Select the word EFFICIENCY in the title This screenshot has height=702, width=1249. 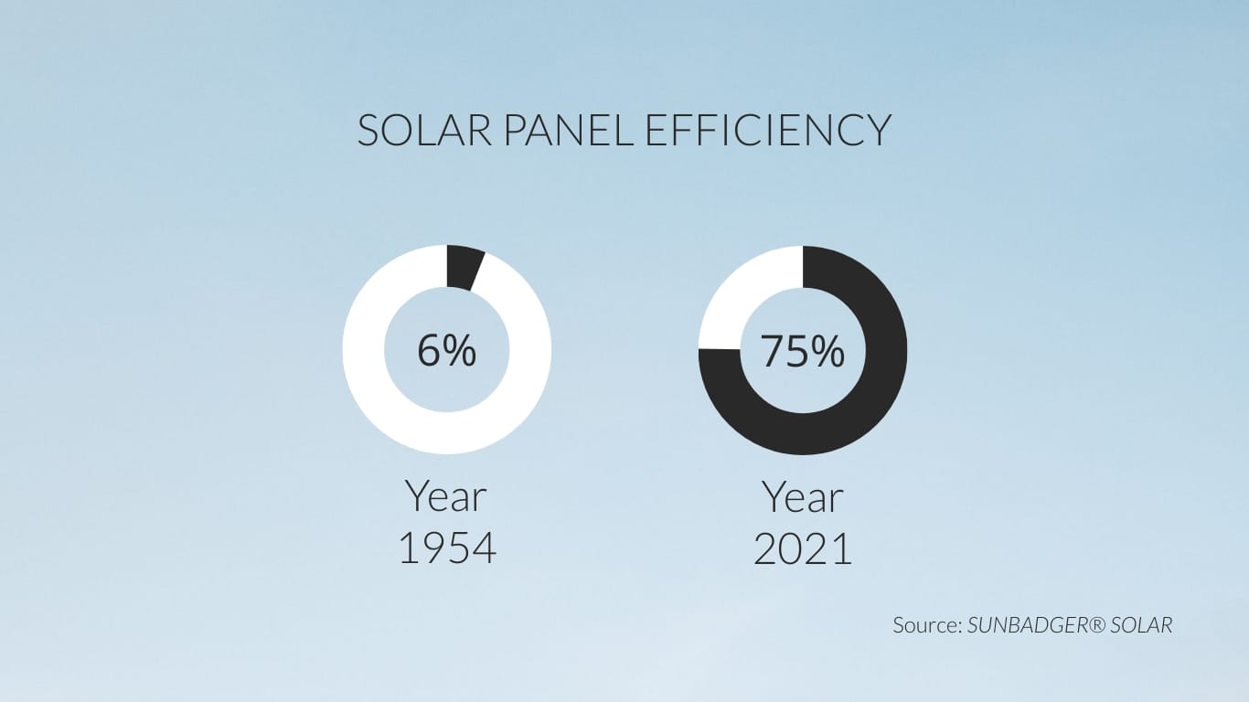[768, 131]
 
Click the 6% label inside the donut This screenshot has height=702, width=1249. [446, 350]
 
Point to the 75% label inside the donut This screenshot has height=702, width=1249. [802, 351]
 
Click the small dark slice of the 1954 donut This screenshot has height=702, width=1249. [463, 266]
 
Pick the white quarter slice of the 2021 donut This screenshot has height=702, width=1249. [741, 292]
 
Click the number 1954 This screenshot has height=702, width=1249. [447, 548]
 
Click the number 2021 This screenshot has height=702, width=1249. [803, 548]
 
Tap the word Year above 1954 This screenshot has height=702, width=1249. [446, 497]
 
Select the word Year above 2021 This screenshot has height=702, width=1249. [803, 497]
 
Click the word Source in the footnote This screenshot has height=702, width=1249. [924, 625]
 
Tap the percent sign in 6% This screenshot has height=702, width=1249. [461, 350]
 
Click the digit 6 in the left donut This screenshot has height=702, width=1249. [430, 350]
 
